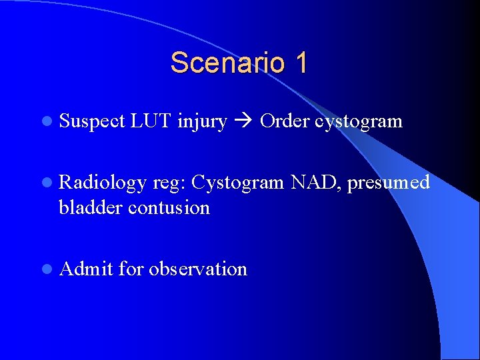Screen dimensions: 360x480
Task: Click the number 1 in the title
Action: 299,63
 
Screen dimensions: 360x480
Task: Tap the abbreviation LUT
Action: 151,121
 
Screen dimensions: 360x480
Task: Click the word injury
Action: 202,121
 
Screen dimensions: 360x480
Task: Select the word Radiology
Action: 102,183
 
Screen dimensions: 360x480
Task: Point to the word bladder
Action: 91,207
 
